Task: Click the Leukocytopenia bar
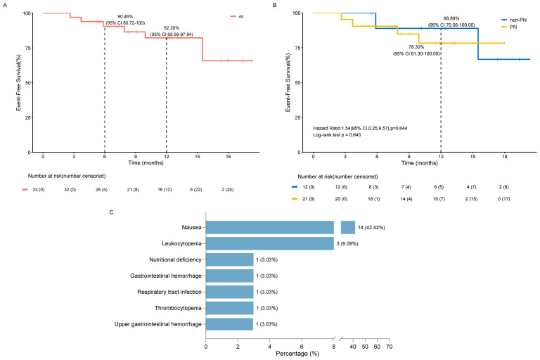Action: pos(270,243)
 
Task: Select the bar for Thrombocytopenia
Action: pos(230,308)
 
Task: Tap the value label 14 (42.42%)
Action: pos(371,227)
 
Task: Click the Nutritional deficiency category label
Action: pos(175,259)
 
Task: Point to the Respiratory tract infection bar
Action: pos(230,292)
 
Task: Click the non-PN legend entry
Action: pos(514,20)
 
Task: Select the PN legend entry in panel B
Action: pos(509,27)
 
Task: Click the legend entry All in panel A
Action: pos(237,17)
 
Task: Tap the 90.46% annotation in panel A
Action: pos(125,17)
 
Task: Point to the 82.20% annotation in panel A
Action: pos(172,28)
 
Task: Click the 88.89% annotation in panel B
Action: pos(451,18)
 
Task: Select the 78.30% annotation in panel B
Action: pos(416,47)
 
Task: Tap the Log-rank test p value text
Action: pos(337,135)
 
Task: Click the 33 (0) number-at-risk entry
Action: pos(39,189)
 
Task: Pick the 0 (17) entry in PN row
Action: pos(504,199)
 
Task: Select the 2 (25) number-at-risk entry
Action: pos(227,189)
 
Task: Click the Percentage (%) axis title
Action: pos(297,354)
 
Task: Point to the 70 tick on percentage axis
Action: pos(389,347)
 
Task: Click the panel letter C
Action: pos(111,212)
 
